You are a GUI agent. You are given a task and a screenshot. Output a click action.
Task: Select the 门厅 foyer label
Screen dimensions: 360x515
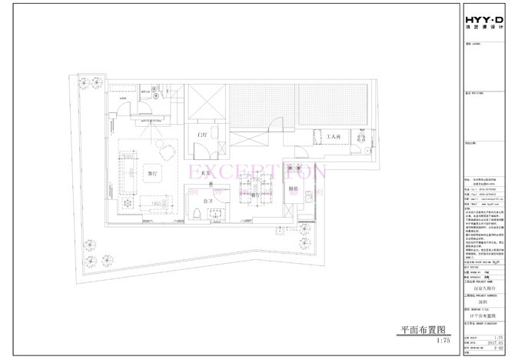click(x=203, y=135)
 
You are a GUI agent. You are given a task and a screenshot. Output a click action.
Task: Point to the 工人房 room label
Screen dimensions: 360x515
click(x=333, y=137)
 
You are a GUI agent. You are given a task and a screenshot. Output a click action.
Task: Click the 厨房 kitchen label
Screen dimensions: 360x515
click(x=293, y=188)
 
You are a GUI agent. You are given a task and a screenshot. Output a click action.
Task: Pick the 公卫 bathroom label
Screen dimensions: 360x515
click(x=207, y=200)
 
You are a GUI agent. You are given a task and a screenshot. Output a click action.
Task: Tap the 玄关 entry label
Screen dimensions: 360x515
click(x=206, y=175)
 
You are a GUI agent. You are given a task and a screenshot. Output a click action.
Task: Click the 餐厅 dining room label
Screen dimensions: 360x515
click(x=256, y=195)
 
